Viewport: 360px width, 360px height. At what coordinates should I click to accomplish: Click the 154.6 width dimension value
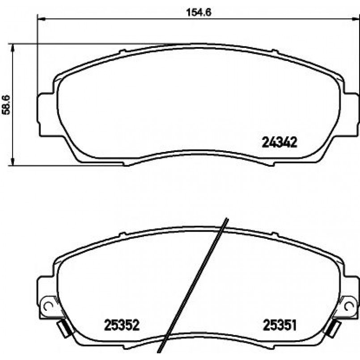199,12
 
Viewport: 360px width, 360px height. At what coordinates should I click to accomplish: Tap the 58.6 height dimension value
6,105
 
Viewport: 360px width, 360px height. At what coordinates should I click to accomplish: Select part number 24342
280,142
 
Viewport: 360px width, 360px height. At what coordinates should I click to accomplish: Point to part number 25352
122,325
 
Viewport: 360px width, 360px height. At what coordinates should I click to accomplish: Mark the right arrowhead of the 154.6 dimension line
354,18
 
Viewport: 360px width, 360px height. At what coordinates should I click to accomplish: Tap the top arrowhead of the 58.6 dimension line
13,48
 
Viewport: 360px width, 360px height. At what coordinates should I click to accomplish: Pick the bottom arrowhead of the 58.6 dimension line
13,161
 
